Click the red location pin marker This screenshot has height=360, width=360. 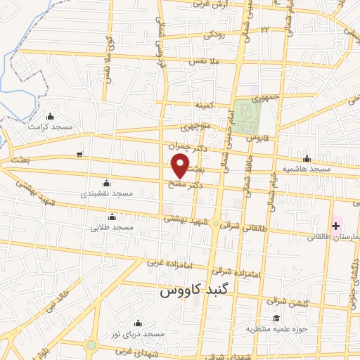[180, 167]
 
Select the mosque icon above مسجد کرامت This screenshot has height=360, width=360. [49, 117]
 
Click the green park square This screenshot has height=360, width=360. [245, 117]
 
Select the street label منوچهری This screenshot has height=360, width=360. [195, 129]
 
